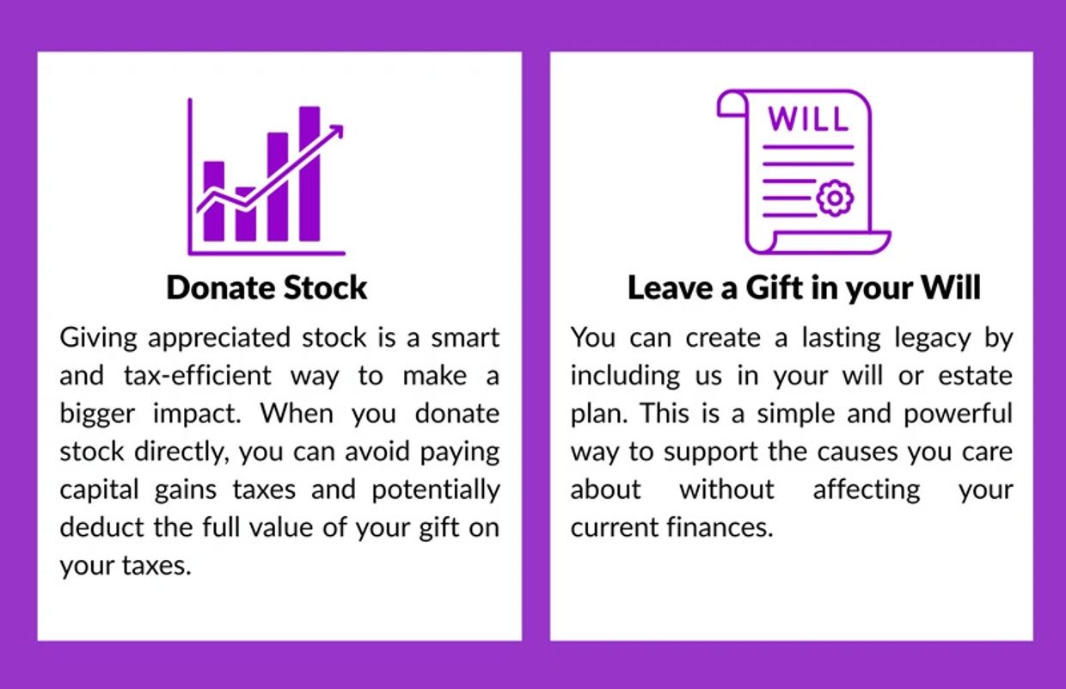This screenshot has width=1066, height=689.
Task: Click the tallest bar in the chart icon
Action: (309, 174)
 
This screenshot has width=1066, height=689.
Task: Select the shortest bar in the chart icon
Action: (246, 214)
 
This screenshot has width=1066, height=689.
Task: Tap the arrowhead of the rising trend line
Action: (337, 131)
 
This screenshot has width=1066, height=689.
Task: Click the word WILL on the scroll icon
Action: (808, 118)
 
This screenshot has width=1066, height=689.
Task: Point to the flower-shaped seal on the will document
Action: (835, 198)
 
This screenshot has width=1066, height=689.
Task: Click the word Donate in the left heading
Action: (220, 287)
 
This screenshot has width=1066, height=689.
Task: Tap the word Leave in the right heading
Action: (671, 288)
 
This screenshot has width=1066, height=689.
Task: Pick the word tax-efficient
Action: (198, 376)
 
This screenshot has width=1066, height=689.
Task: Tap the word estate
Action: (975, 376)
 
